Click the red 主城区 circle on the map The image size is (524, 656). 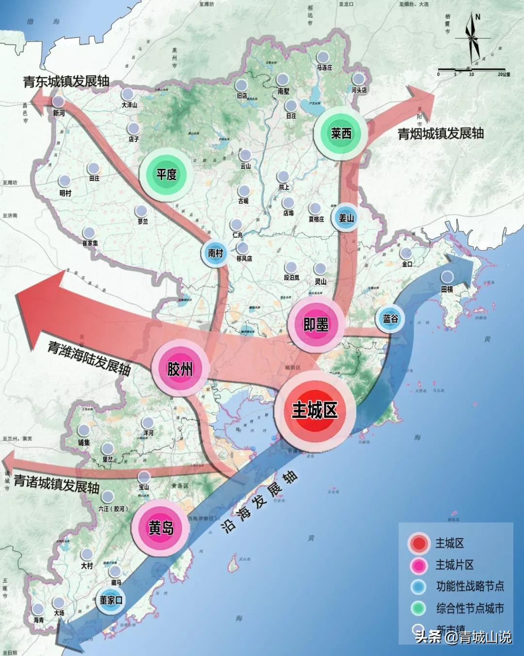tap(315, 411)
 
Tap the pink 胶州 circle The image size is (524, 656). tap(180, 368)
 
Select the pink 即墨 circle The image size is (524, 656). tap(316, 324)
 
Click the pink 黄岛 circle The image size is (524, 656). tap(161, 528)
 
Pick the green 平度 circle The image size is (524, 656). tap(166, 174)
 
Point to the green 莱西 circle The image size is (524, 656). tap(341, 133)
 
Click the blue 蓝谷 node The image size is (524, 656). tap(390, 319)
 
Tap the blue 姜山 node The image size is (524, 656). tap(346, 218)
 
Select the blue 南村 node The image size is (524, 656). tap(215, 253)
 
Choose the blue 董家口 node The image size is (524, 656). tap(111, 600)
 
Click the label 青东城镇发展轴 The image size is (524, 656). tap(66, 81)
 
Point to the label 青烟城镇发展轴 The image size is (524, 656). tap(441, 133)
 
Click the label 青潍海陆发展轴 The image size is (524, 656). tap(89, 358)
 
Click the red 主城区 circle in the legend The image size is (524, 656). tap(419, 544)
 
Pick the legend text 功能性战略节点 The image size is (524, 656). tap(470, 586)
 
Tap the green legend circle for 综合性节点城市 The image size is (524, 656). tap(418, 608)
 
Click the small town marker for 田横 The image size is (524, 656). tap(447, 277)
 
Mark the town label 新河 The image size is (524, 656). tap(59, 113)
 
